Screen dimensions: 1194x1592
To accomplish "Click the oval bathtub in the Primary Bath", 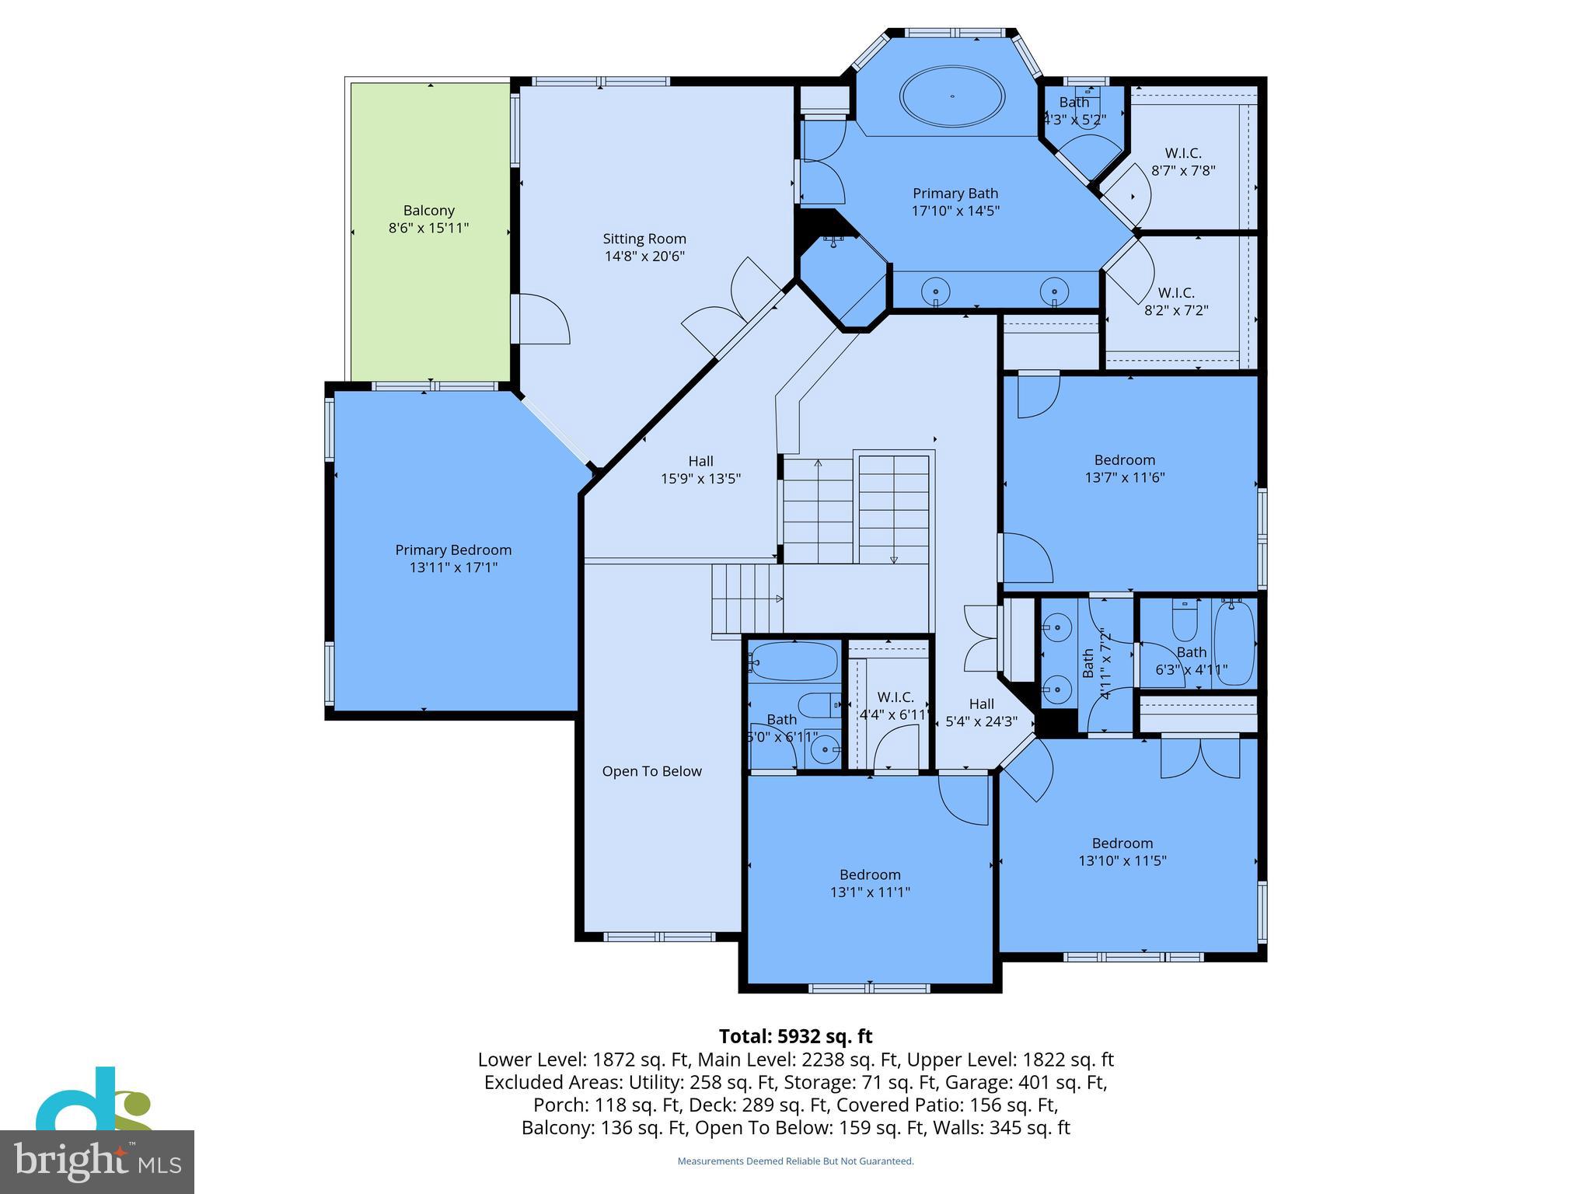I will (951, 96).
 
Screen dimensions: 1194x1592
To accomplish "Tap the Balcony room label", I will (428, 219).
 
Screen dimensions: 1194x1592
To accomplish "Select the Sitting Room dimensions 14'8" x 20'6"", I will (644, 257).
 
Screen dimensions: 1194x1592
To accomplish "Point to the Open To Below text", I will (651, 771).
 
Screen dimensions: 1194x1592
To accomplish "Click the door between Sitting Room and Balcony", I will (543, 319).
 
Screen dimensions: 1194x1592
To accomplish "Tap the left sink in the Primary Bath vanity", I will (935, 292).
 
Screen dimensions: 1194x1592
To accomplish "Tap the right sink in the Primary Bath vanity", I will (1054, 292).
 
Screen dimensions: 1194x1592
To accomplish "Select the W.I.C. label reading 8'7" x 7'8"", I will (1183, 162).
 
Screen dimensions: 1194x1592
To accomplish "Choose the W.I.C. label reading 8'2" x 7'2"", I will (1176, 302).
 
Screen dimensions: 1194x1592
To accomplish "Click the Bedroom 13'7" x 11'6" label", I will (1124, 469).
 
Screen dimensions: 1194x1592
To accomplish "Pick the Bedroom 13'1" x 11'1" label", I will (870, 883).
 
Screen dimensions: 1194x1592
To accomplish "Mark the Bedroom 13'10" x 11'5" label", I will (1122, 852).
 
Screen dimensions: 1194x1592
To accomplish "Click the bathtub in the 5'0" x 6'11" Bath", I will (794, 662).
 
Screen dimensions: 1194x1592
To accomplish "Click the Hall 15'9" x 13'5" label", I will (700, 470).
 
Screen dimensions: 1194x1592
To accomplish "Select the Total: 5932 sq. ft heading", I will (795, 1036).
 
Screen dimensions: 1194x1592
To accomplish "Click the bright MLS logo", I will (96, 1161).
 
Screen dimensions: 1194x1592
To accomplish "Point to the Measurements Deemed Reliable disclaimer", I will (795, 1161).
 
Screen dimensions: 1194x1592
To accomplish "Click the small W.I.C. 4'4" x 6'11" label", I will (895, 706).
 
